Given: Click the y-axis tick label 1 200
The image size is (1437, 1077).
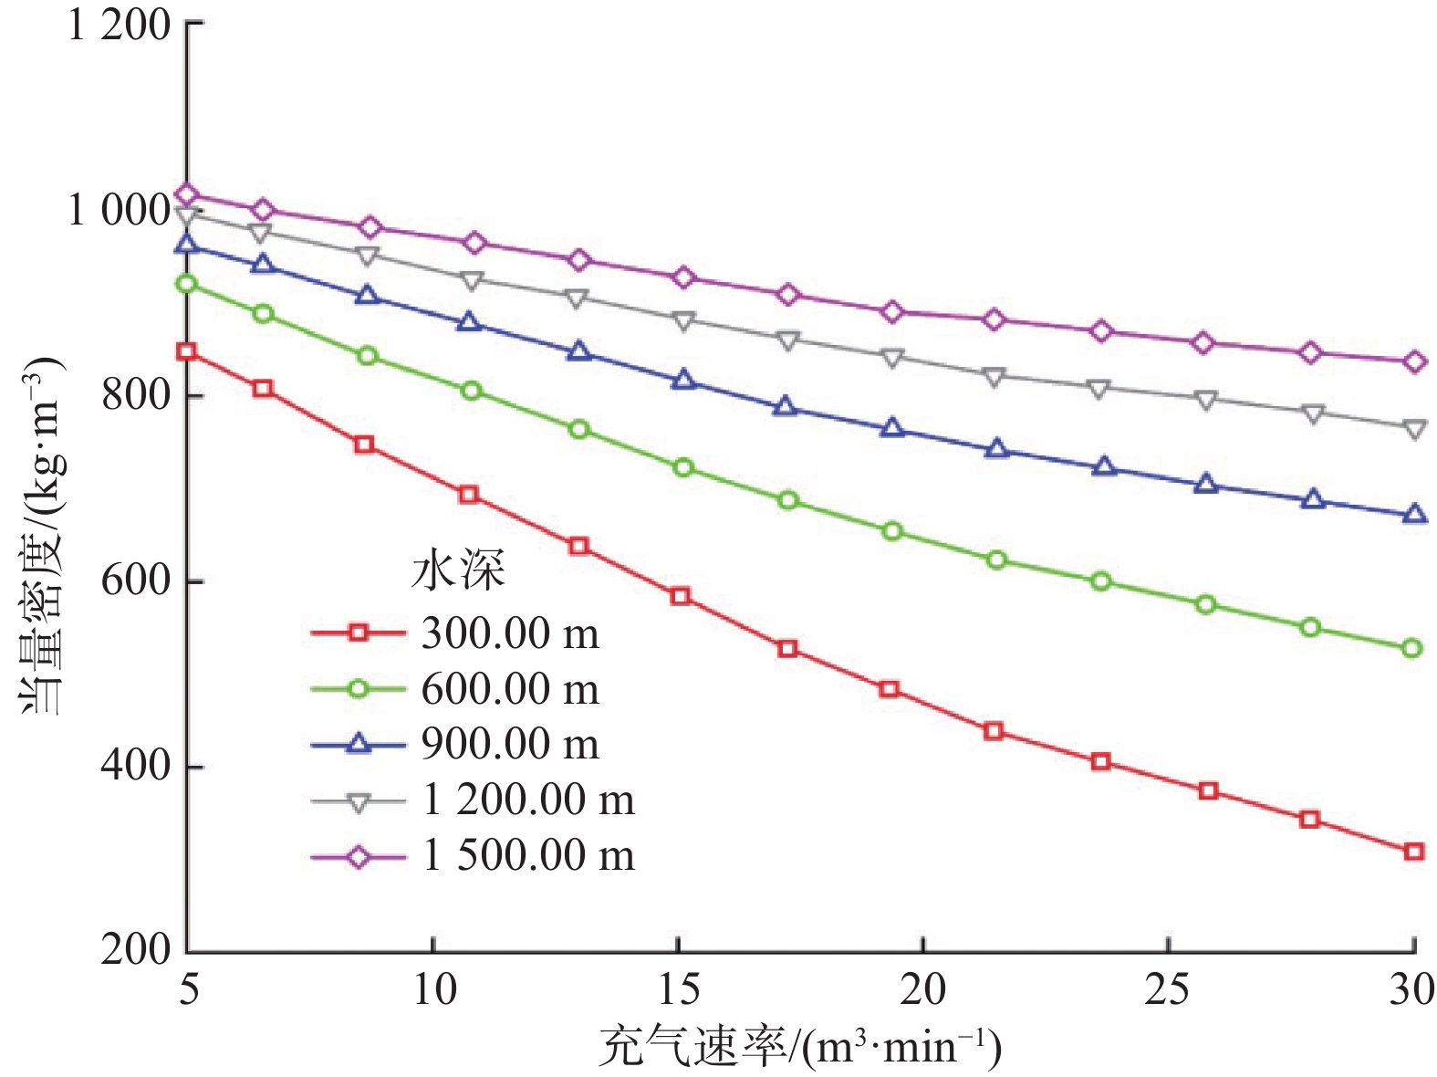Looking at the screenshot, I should [120, 26].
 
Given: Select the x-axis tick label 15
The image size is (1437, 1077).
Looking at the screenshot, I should [678, 989].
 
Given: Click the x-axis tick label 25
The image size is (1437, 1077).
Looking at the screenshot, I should [1168, 989].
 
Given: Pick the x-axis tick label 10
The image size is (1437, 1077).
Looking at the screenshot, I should [433, 989].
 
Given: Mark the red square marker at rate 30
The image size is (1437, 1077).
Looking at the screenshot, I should [1413, 852].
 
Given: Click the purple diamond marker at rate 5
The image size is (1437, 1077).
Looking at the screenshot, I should [187, 194].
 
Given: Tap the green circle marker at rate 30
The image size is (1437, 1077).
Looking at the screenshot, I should [1412, 649].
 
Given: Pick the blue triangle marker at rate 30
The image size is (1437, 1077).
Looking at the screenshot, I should [1413, 515].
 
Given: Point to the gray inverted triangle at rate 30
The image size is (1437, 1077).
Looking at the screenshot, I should [1413, 429].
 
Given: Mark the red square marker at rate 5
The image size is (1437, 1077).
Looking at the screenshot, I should [187, 352].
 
